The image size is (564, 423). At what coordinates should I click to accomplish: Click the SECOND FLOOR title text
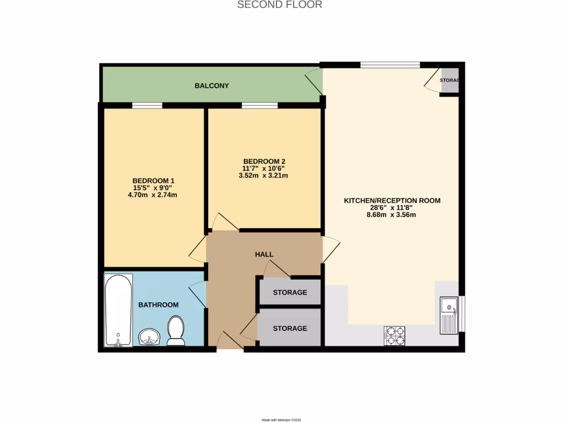pyautogui.click(x=279, y=5)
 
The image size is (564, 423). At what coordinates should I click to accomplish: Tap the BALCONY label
pyautogui.click(x=211, y=86)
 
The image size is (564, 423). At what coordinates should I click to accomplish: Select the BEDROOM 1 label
pyautogui.click(x=153, y=181)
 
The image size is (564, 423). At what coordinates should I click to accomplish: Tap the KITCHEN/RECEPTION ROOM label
pyautogui.click(x=392, y=200)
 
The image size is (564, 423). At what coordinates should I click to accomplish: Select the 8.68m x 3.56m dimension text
pyautogui.click(x=392, y=215)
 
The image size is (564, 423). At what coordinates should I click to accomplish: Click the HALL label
pyautogui.click(x=264, y=254)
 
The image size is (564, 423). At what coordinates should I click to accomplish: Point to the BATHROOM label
pyautogui.click(x=158, y=305)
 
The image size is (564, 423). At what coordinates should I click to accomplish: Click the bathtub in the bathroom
pyautogui.click(x=118, y=310)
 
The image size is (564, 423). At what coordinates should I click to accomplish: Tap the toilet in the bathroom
pyautogui.click(x=176, y=330)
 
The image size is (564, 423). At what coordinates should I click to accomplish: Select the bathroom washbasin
pyautogui.click(x=149, y=337)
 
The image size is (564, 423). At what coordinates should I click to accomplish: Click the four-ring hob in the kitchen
pyautogui.click(x=394, y=335)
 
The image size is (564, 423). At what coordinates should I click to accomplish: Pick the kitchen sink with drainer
pyautogui.click(x=449, y=315)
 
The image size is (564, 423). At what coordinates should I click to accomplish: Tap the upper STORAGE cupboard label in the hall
pyautogui.click(x=290, y=292)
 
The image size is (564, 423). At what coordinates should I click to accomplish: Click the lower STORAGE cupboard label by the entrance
pyautogui.click(x=290, y=328)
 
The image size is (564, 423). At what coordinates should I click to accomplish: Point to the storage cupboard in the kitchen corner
pyautogui.click(x=449, y=81)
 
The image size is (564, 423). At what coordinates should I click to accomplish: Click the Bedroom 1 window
pyautogui.click(x=147, y=105)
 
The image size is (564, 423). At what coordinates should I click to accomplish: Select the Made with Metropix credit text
pyautogui.click(x=281, y=420)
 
